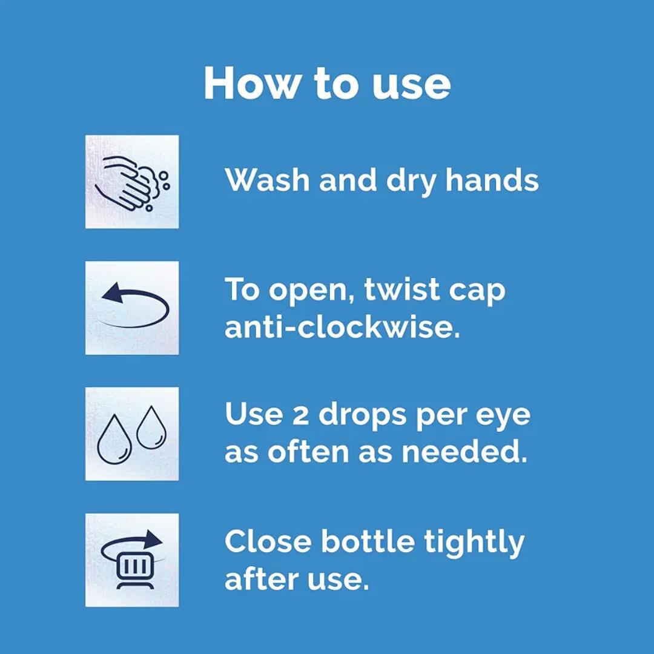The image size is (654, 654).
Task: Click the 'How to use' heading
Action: click(327, 83)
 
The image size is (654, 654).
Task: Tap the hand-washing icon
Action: click(132, 182)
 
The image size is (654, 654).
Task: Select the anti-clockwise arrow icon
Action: click(132, 307)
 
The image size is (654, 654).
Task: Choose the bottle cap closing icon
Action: click(132, 560)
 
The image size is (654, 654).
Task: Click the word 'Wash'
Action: click(267, 180)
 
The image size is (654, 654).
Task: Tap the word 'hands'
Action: click(492, 180)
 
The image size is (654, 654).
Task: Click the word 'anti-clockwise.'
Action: click(342, 328)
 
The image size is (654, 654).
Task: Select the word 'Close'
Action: click(268, 541)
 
